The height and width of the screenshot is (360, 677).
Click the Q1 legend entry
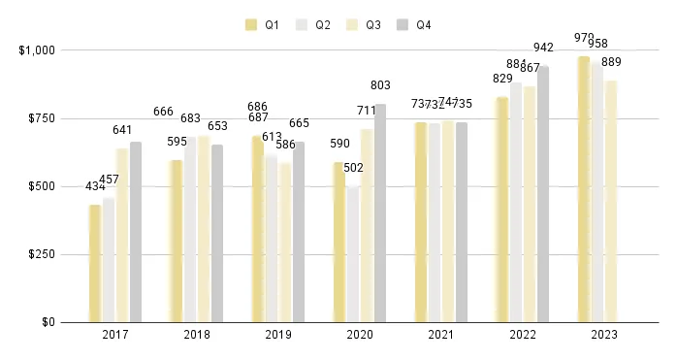[x=265, y=24]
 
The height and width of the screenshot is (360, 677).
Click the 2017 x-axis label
[x=114, y=335]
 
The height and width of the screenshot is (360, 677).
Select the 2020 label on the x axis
[x=359, y=335]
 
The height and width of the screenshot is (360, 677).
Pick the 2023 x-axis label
[x=603, y=335]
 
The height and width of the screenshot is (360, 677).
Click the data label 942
[x=543, y=48]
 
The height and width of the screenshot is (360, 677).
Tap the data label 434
[x=96, y=186]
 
